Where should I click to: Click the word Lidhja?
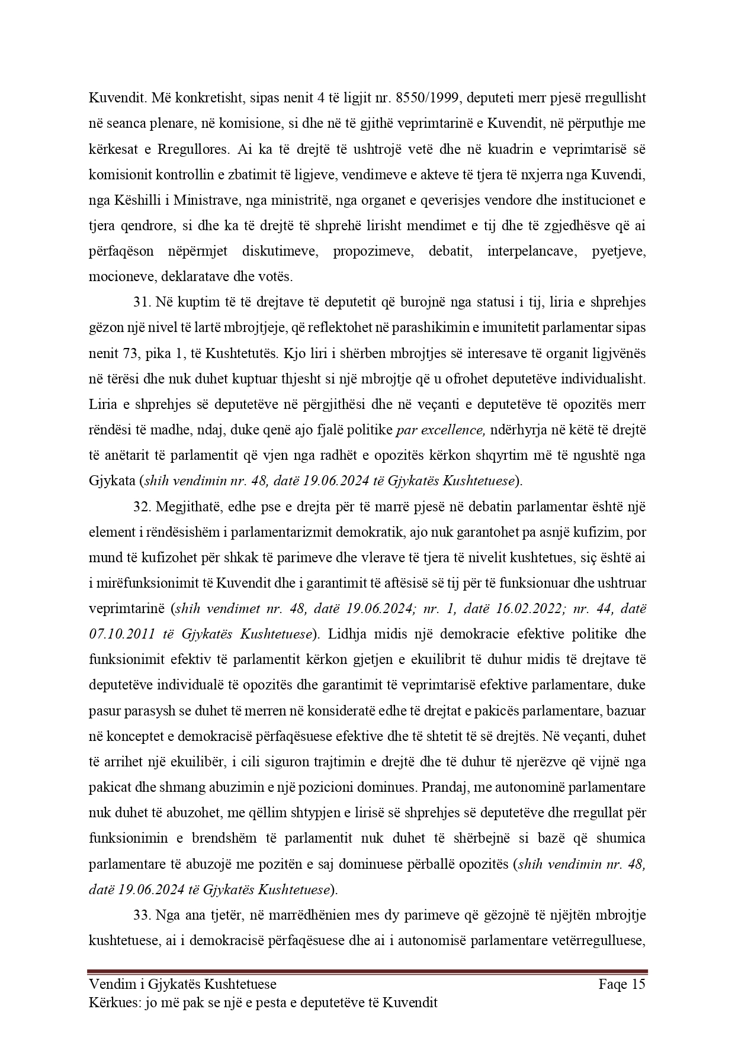coord(349,635)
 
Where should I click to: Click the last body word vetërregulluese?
coord(600,941)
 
